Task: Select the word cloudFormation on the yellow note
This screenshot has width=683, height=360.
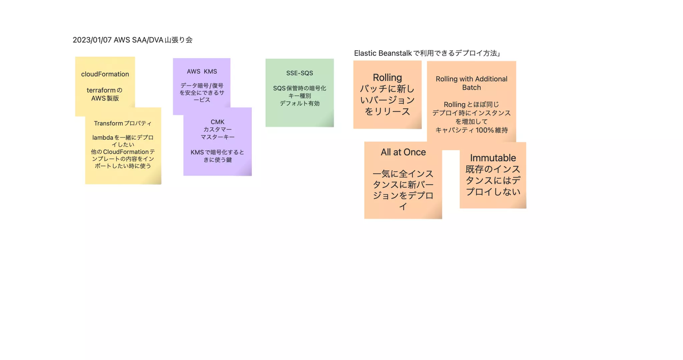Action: [x=105, y=74]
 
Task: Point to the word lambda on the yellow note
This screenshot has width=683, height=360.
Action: [x=103, y=137]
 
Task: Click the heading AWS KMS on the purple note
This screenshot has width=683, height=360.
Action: [x=202, y=71]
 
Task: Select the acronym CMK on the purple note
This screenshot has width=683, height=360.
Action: [x=217, y=122]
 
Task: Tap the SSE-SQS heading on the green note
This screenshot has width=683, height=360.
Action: [x=299, y=73]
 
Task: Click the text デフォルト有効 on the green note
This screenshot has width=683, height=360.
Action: [x=299, y=103]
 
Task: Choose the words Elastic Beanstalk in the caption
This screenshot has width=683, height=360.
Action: [x=383, y=53]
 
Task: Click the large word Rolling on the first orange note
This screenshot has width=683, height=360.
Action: [x=387, y=78]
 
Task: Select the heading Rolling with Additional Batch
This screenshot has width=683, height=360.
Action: [x=471, y=83]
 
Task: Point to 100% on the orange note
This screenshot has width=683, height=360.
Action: [x=485, y=130]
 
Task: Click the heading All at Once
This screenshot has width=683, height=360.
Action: [x=403, y=152]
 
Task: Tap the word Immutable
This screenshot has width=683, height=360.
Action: [x=493, y=158]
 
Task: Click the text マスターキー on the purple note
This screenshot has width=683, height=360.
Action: [x=217, y=137]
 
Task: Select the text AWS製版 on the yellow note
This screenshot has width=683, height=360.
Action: [x=105, y=98]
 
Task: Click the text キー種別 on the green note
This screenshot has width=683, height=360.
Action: [x=299, y=96]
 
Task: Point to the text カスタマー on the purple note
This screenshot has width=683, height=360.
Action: [x=217, y=129]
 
